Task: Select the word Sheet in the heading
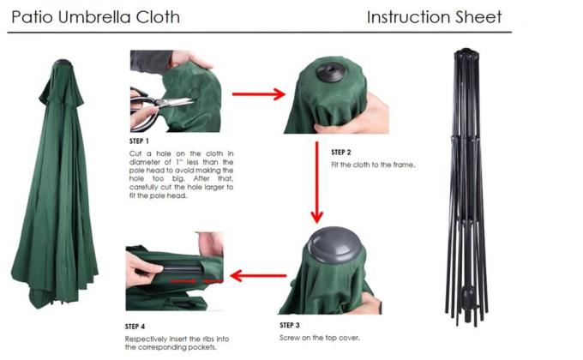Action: pos(482,17)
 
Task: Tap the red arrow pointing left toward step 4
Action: pos(258,276)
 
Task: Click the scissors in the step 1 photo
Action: pos(159,99)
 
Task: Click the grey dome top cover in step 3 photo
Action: pos(335,249)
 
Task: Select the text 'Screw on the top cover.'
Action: pos(321,338)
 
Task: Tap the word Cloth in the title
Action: pos(159,17)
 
